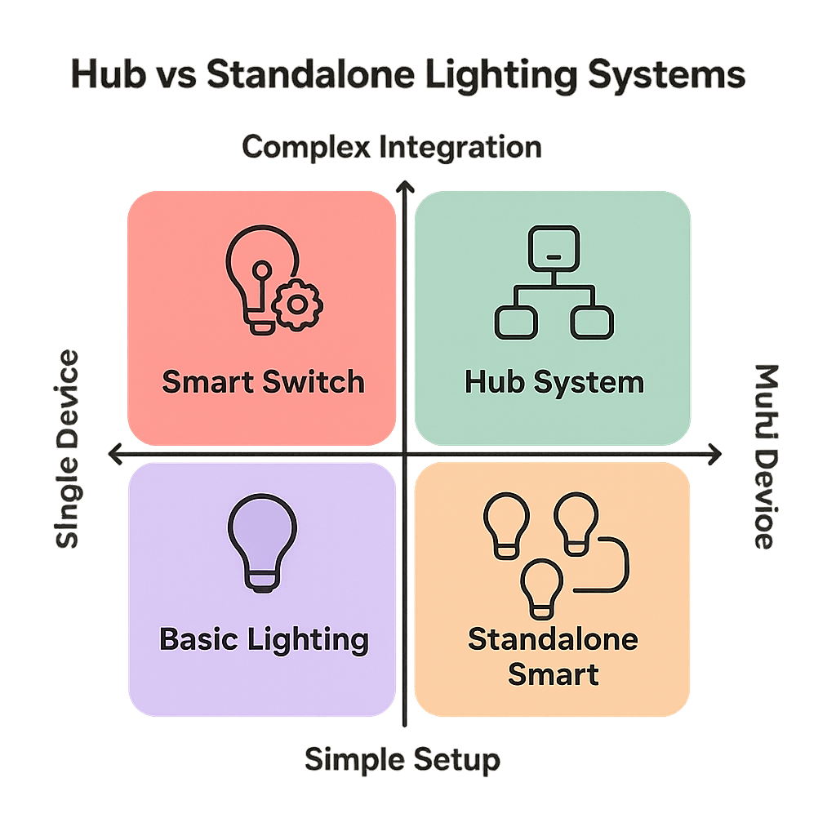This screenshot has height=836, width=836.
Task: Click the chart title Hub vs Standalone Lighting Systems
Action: [x=408, y=75]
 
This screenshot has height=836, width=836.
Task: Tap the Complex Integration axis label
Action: [x=392, y=148]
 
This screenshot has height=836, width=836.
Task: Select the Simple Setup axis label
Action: [x=402, y=760]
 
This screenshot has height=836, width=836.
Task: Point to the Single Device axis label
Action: [x=68, y=449]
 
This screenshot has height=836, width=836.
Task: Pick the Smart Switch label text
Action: [x=263, y=381]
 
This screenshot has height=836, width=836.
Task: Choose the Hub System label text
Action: [x=554, y=381]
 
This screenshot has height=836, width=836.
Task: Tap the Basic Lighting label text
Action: [x=264, y=638]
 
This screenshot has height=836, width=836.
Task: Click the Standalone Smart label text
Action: [x=553, y=656]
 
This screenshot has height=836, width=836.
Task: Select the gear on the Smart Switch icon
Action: [x=298, y=305]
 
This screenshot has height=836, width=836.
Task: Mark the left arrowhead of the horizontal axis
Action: [x=115, y=453]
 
